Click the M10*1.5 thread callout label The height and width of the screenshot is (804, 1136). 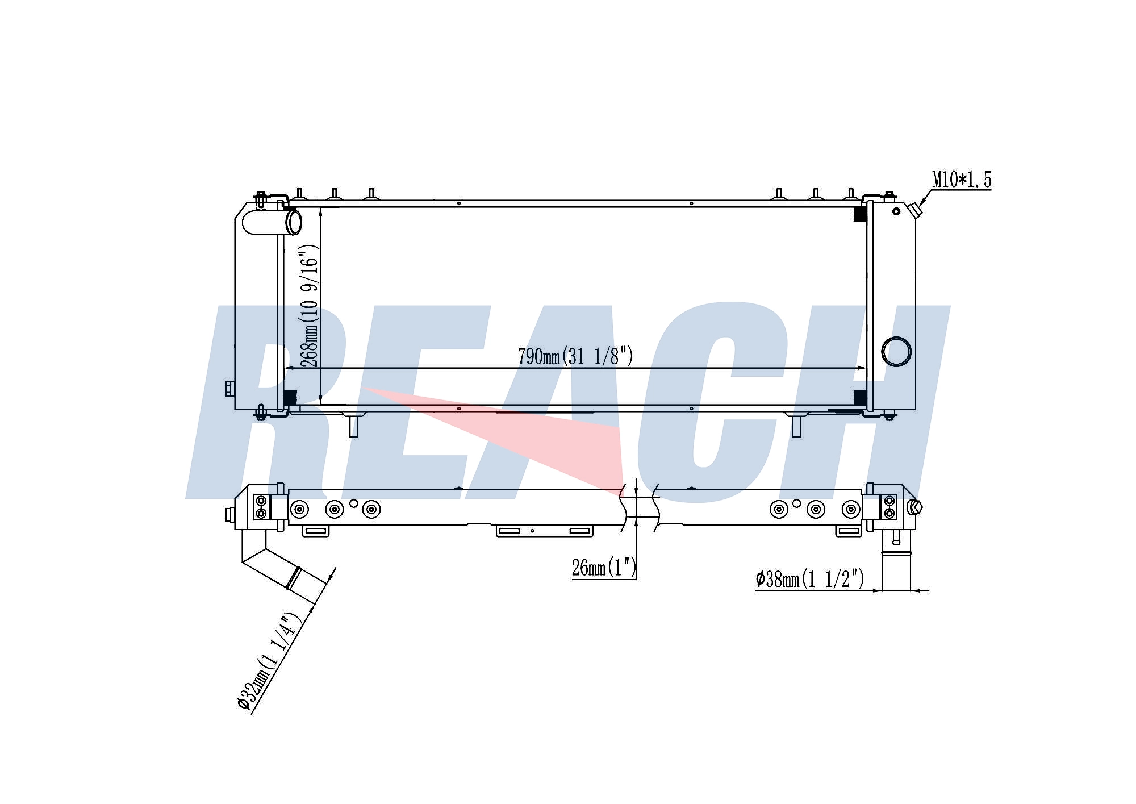(962, 180)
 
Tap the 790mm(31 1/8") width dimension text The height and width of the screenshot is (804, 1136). (575, 356)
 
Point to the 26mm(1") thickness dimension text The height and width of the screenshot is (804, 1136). (604, 567)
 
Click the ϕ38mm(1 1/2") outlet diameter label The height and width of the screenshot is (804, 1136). (809, 579)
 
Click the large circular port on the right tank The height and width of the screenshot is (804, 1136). (896, 352)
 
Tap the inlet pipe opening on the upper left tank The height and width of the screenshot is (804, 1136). (293, 222)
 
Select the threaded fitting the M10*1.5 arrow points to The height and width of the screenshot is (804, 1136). (915, 210)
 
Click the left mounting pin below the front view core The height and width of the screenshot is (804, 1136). (353, 426)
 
